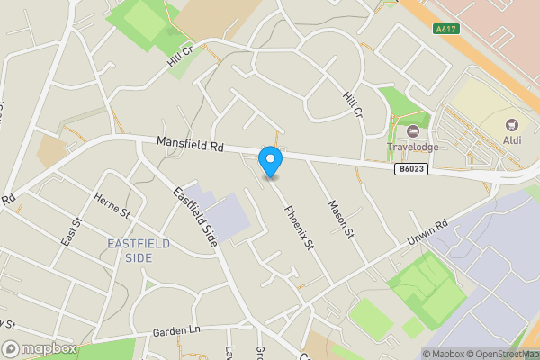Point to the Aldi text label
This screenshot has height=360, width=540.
point(513,139)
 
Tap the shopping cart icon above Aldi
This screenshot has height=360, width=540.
point(513,124)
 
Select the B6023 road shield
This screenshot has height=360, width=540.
point(409,168)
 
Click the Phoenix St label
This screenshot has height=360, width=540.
point(298,229)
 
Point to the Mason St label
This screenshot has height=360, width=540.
point(340,220)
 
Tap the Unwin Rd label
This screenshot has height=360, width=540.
point(427,234)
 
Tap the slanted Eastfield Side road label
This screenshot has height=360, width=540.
point(197,216)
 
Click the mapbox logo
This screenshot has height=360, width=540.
point(40,348)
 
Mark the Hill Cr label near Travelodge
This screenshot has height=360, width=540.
point(352,107)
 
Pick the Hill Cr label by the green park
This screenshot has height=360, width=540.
point(180,58)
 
